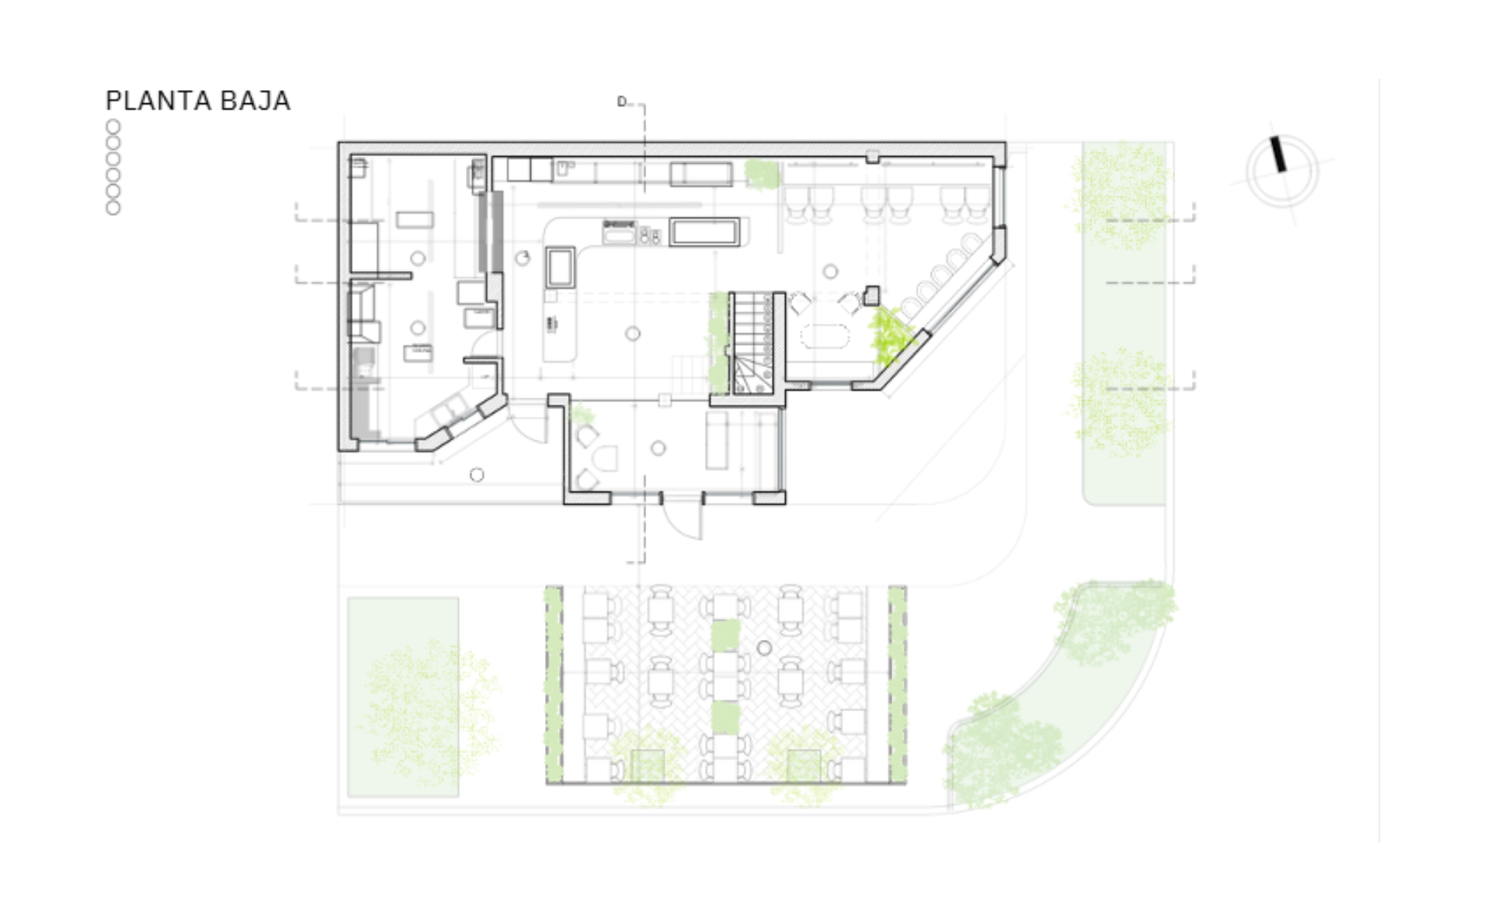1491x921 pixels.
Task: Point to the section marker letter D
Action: pyautogui.click(x=621, y=102)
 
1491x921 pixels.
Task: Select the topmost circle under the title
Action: pyautogui.click(x=113, y=127)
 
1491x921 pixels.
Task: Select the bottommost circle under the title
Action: pyautogui.click(x=113, y=208)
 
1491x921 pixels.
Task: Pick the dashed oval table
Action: pyautogui.click(x=826, y=336)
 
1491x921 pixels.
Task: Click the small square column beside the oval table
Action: pyautogui.click(x=871, y=295)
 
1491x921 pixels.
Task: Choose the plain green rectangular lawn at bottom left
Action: pyautogui.click(x=403, y=697)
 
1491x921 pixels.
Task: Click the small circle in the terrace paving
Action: pyautogui.click(x=764, y=648)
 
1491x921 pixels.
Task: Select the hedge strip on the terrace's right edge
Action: pyautogui.click(x=897, y=684)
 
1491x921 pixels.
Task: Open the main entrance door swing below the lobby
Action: pyautogui.click(x=683, y=516)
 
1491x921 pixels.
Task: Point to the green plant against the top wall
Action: pyautogui.click(x=762, y=174)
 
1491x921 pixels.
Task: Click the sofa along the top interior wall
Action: pyautogui.click(x=701, y=173)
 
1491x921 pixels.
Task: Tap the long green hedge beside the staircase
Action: pyautogui.click(x=718, y=342)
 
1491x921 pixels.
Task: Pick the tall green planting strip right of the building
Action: pyautogui.click(x=1124, y=322)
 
